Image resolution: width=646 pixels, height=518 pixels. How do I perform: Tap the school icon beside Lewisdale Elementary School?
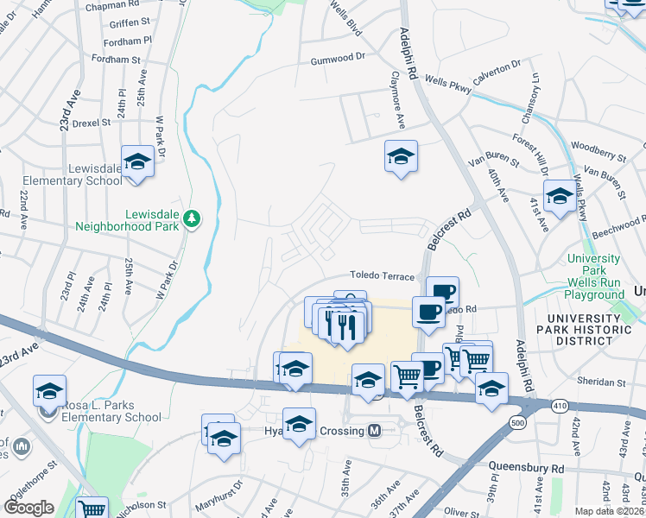tap(137, 161)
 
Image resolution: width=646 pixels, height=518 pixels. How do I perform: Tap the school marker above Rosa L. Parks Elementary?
tap(50, 391)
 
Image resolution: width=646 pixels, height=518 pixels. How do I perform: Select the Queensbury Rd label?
tap(526, 468)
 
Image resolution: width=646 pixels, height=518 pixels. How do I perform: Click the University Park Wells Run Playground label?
tap(593, 276)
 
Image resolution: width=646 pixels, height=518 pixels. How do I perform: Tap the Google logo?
tap(28, 508)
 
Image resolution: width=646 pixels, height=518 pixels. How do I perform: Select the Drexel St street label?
tap(92, 123)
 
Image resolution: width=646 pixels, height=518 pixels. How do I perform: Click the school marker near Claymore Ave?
tap(401, 157)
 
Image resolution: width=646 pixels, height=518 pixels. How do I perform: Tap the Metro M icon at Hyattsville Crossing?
tap(375, 430)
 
